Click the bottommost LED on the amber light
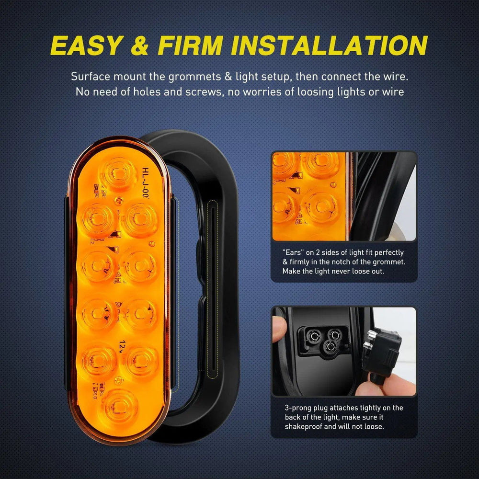click(118, 405)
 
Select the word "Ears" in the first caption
click(292, 252)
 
